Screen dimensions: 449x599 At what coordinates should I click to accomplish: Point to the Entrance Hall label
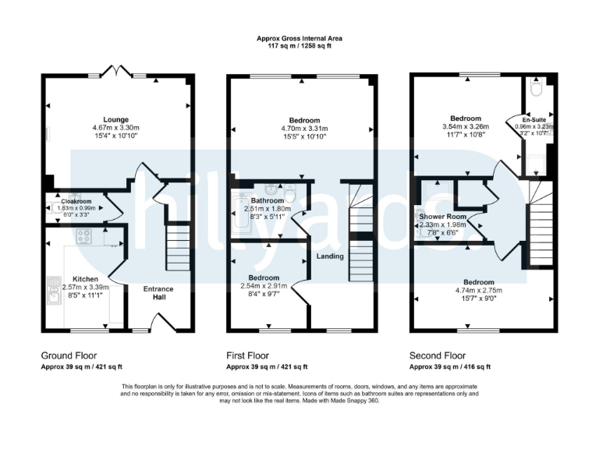158,293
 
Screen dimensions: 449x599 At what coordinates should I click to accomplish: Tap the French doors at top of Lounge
116,72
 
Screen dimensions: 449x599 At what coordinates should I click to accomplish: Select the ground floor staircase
178,246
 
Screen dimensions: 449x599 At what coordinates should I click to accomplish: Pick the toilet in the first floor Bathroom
289,191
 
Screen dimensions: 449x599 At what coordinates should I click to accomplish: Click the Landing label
329,256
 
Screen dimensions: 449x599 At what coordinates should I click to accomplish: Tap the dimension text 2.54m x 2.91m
264,286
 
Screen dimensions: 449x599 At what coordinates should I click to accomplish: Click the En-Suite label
533,120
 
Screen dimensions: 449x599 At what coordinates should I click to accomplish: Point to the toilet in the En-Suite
534,88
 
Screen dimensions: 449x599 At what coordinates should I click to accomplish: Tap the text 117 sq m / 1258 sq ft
299,46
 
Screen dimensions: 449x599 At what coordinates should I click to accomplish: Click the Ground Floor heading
69,355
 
